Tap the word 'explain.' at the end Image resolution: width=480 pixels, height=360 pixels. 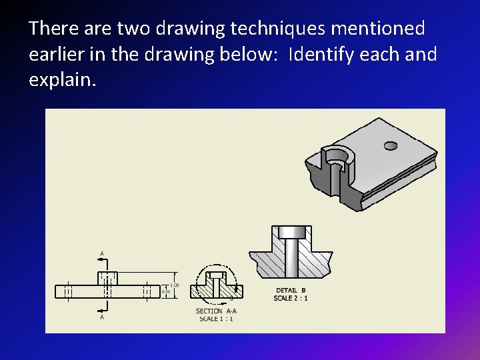click(63, 80)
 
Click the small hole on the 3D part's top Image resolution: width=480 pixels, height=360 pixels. click(391, 145)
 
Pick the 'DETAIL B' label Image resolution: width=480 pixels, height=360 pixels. click(291, 290)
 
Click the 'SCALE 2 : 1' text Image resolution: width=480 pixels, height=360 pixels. click(291, 298)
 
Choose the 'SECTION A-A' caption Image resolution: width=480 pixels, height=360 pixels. click(216, 311)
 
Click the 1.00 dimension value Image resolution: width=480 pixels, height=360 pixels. click(175, 285)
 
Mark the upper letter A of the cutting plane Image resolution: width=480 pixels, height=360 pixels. click(101, 253)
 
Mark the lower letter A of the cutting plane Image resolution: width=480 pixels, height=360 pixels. click(101, 317)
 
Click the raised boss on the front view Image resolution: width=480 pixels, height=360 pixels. click(107, 278)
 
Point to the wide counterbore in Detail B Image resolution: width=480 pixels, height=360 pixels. click(291, 233)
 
